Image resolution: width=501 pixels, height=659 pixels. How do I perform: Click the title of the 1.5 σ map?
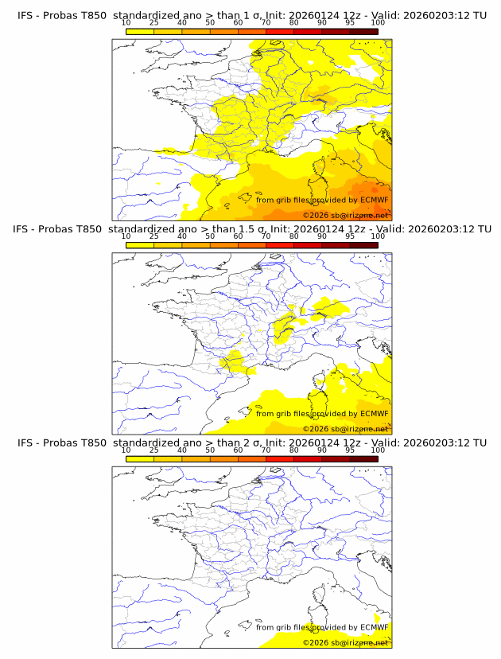250,229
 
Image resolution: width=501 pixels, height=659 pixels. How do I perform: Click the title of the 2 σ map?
250,443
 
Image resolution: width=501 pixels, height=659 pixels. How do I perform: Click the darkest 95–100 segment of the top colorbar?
363,31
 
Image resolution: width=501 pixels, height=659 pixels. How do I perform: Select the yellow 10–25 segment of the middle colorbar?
140,245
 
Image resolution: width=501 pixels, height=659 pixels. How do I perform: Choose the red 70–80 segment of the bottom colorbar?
280,458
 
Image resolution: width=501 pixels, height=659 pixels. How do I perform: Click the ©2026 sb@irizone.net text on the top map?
345,215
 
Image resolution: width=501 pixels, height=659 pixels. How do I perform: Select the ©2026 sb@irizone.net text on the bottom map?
345,641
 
